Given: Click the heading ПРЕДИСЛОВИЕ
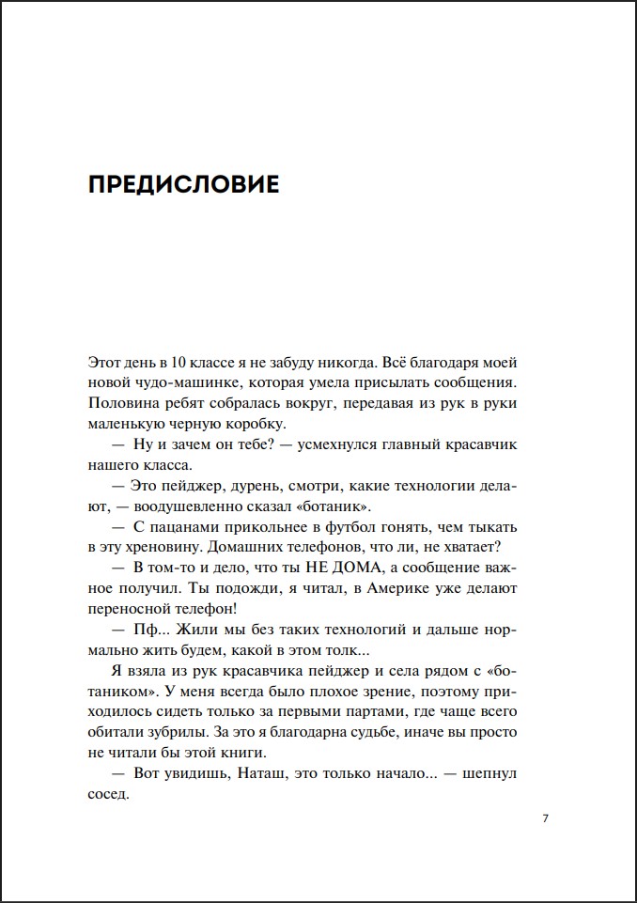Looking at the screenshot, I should (183, 184).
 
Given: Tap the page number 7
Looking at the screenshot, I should (546, 817).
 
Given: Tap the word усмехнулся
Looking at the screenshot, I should (340, 444).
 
